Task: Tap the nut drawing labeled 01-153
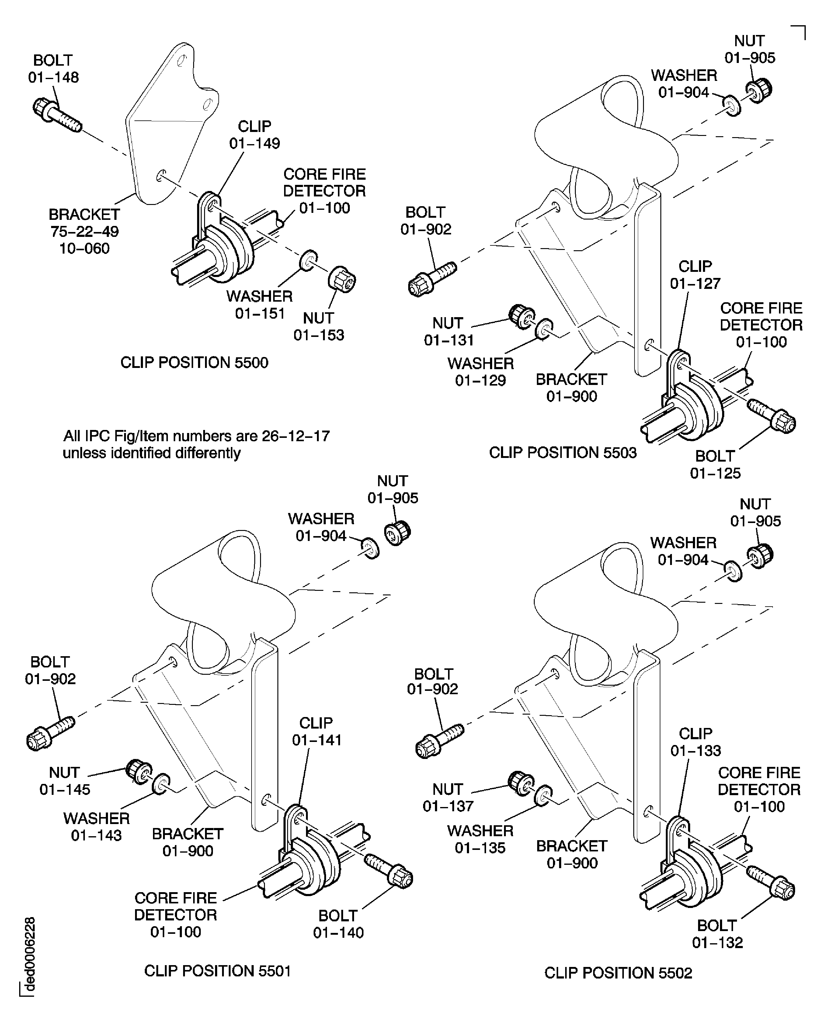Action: (342, 279)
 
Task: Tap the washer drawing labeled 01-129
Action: (544, 329)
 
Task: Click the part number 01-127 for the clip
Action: (695, 284)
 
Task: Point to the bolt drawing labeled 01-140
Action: (389, 871)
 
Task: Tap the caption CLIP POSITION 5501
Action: (217, 971)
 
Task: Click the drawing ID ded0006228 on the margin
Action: (30, 954)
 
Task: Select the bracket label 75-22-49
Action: (85, 232)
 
